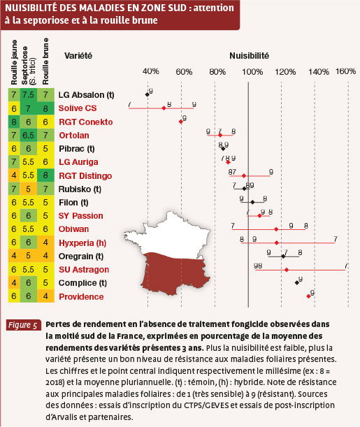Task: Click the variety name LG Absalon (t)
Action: [x=86, y=95]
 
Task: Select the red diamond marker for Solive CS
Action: [x=164, y=108]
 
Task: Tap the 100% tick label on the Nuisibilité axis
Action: [x=252, y=72]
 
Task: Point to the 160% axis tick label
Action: [x=345, y=71]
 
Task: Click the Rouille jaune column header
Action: [x=14, y=62]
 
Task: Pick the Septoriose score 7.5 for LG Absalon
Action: [x=29, y=95]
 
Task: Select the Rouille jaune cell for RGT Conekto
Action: [x=14, y=122]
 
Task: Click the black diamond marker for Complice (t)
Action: [x=297, y=282]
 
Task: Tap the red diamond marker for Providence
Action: [x=308, y=296]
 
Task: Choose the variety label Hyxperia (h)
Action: [x=82, y=243]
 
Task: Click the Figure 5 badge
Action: [x=23, y=325]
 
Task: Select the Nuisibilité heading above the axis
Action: [x=249, y=56]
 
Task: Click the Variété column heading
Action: [x=78, y=56]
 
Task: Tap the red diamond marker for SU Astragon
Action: [x=287, y=270]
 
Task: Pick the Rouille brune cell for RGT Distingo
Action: [x=45, y=175]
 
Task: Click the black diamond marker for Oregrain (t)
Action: [x=283, y=256]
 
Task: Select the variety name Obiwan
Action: [x=74, y=229]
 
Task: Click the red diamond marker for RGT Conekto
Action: [x=181, y=122]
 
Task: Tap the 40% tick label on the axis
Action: [x=151, y=71]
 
